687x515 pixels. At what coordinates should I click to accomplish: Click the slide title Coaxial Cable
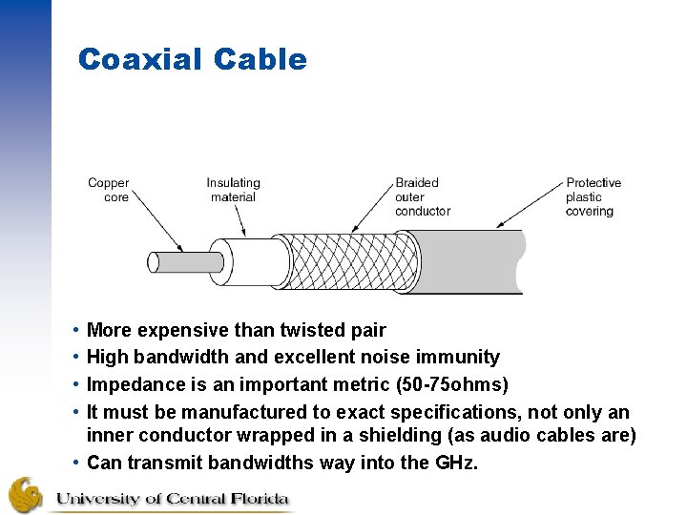tap(192, 60)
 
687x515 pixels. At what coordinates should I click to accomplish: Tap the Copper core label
tap(108, 190)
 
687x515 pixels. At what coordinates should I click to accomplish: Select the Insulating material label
tap(233, 190)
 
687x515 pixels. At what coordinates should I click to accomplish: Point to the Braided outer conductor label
tap(422, 196)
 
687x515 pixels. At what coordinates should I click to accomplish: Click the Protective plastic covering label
tap(593, 196)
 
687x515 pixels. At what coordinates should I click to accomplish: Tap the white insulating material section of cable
tap(253, 262)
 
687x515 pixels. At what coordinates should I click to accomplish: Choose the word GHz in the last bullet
tap(455, 463)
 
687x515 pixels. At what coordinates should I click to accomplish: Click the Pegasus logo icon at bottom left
tap(26, 495)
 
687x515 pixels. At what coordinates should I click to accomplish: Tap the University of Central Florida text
tap(172, 498)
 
